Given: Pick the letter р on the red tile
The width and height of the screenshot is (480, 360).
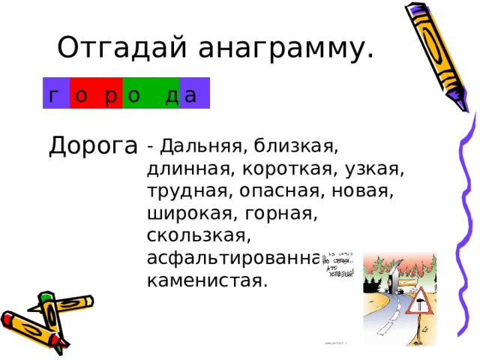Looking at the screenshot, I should click(x=109, y=94).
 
